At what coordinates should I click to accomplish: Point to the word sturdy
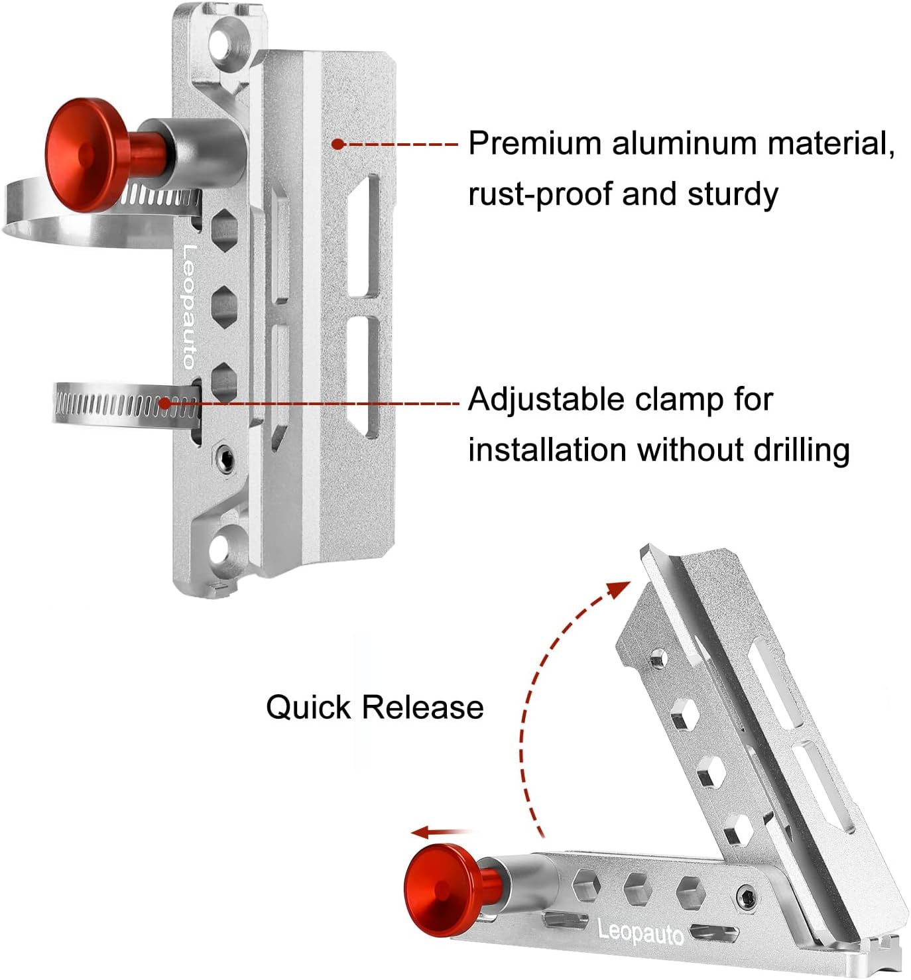[x=733, y=194]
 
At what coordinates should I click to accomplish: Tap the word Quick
[x=308, y=707]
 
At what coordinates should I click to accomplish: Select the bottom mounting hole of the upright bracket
[x=223, y=548]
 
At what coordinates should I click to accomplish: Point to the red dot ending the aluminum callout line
[x=337, y=143]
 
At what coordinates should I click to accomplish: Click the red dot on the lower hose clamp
[x=165, y=402]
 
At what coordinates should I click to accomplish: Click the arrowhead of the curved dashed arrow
[x=620, y=587]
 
